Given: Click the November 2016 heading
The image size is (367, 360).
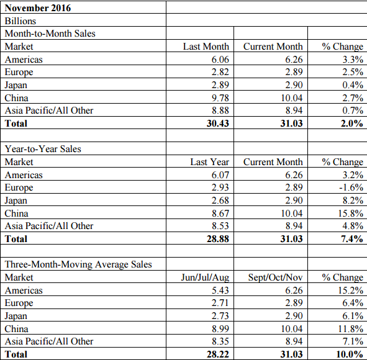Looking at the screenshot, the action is (38, 8).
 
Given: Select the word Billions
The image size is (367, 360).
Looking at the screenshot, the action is (20, 21).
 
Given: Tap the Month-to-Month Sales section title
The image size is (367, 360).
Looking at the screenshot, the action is (50, 34).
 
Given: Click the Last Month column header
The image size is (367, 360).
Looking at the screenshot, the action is (206, 47).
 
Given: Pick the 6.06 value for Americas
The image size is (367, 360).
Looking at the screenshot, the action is (220, 60).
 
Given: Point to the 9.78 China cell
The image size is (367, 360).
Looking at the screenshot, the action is (220, 98).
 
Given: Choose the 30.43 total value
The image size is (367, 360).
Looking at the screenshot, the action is (218, 124).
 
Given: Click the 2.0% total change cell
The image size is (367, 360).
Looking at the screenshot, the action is (352, 124).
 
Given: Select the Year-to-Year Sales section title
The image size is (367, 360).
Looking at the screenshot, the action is (43, 149).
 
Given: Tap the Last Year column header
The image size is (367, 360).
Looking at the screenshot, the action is (209, 162).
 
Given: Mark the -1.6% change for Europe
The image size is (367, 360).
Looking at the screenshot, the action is (351, 187).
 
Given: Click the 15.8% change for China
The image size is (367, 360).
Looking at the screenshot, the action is (351, 213).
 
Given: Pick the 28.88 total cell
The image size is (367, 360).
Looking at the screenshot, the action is (218, 239).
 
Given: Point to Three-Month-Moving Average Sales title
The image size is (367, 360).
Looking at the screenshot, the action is (78, 264).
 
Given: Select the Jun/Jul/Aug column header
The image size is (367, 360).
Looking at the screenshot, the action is (205, 277).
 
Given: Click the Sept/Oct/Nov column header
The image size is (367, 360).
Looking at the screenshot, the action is (275, 277).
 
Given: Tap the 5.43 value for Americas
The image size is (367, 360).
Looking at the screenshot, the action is (220, 290).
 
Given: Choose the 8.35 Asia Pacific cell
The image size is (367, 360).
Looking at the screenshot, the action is (220, 341).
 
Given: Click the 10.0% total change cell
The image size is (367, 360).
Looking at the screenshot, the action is (350, 354).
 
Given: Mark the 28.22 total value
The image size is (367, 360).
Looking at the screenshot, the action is (218, 354).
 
